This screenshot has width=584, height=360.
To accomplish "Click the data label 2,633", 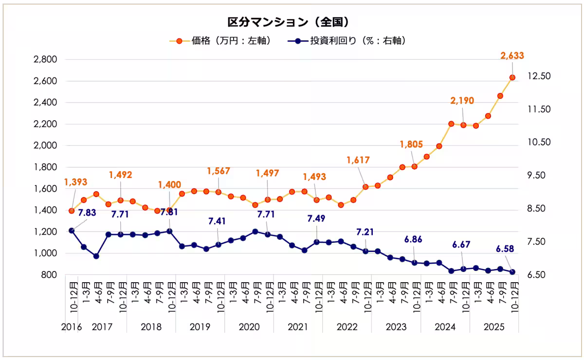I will [x=512, y=55].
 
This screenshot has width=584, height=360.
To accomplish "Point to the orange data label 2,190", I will [x=462, y=101].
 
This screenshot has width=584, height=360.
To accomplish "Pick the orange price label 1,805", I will [x=411, y=144].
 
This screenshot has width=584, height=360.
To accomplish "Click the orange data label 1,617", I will [x=358, y=160].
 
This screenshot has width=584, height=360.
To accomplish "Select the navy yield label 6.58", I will [x=505, y=249].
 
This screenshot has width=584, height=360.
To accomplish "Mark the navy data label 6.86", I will [x=413, y=239].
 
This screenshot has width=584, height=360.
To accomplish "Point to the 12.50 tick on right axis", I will [x=537, y=76].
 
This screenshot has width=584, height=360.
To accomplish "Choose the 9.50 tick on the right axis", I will [x=537, y=176].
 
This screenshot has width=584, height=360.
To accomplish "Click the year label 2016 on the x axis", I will [x=71, y=327].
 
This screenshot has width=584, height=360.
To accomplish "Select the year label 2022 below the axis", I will [x=347, y=327].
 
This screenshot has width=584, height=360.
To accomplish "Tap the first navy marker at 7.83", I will [x=72, y=230].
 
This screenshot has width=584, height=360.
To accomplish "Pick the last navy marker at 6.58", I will [x=512, y=272].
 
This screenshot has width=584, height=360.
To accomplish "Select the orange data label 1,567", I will [x=218, y=171].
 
